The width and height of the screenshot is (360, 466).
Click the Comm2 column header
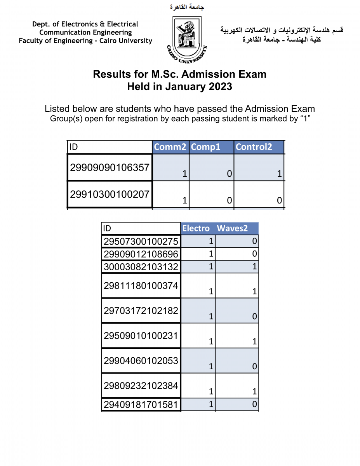pyautogui.click(x=170, y=147)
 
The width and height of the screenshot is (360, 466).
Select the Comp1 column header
pyautogui.click(x=206, y=147)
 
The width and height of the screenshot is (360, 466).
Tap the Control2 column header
pyautogui.click(x=254, y=147)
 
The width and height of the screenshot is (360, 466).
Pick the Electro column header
pyautogui.click(x=196, y=228)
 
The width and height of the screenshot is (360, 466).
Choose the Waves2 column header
pyautogui.click(x=232, y=228)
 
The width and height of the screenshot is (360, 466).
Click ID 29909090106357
pyautogui.click(x=110, y=168)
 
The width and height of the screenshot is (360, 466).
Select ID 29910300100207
pyautogui.click(x=110, y=194)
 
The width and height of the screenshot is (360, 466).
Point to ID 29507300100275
pyautogui.click(x=141, y=242)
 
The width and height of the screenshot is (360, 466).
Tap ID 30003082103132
pyautogui.click(x=141, y=267)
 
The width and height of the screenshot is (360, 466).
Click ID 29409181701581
pyautogui.click(x=141, y=405)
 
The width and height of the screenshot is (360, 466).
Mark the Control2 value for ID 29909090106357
pyautogui.click(x=279, y=174)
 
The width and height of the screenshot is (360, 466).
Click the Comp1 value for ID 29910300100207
pyautogui.click(x=230, y=200)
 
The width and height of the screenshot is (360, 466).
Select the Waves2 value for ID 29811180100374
pyautogui.click(x=254, y=291)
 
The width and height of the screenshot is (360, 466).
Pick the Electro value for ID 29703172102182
pyautogui.click(x=211, y=316)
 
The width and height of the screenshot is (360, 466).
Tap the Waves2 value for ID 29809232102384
pyautogui.click(x=254, y=392)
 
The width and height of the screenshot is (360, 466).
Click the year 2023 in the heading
pyautogui.click(x=219, y=86)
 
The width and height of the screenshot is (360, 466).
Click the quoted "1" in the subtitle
pyautogui.click(x=306, y=119)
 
